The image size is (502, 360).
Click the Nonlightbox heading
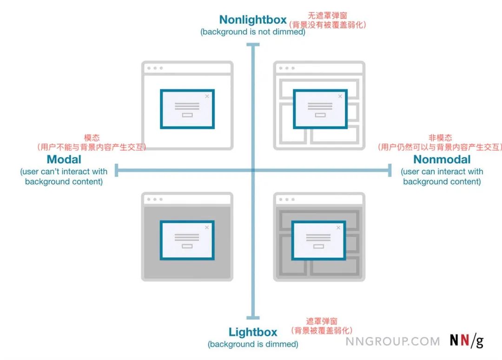coord(253,20)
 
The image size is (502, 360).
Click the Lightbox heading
coord(253,332)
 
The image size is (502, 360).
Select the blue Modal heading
coord(64,160)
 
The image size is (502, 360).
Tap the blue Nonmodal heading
coord(442,160)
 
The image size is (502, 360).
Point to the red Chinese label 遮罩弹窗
coord(322,321)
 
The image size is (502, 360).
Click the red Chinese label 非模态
coord(440,138)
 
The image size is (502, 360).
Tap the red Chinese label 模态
coord(92,138)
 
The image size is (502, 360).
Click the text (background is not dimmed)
coord(253,32)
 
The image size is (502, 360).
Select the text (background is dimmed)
coord(253,344)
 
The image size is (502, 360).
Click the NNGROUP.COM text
coord(393,341)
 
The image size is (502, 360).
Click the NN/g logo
coord(466,341)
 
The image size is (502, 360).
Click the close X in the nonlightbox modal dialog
coord(207,96)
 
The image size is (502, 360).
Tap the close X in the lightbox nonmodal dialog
coord(338,228)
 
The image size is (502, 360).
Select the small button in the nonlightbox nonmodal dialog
coord(320,115)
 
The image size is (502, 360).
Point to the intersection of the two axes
coord(253,170)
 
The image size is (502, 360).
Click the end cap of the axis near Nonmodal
coord(390,170)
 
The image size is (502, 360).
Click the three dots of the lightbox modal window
coord(155,200)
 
